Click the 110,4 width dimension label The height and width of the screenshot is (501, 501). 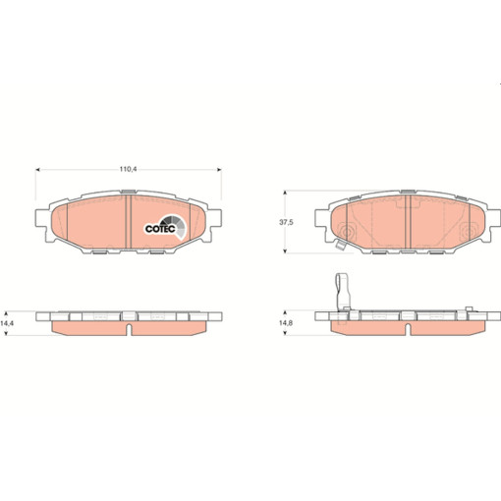click(x=128, y=170)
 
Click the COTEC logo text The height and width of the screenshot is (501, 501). click(x=161, y=228)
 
